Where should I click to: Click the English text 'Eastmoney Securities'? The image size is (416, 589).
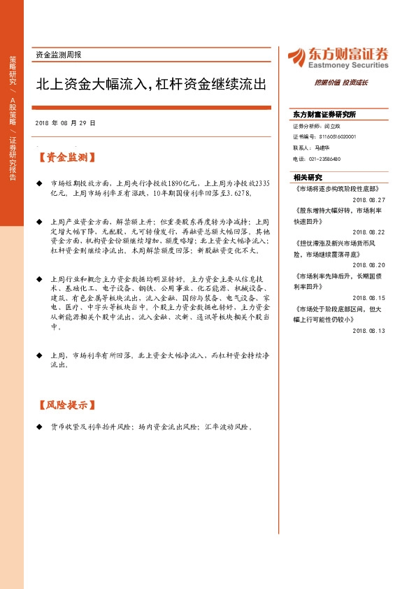click(x=347, y=65)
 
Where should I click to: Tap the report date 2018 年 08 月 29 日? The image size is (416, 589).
click(x=65, y=122)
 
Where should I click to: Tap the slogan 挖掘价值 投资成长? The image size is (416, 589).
click(x=340, y=83)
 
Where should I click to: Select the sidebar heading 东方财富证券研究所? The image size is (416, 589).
click(x=324, y=114)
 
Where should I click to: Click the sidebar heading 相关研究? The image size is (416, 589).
click(x=308, y=177)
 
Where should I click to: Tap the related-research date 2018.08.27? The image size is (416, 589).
click(x=369, y=199)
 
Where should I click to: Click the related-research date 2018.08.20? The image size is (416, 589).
click(x=369, y=265)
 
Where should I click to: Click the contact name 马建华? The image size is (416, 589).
click(x=324, y=148)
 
